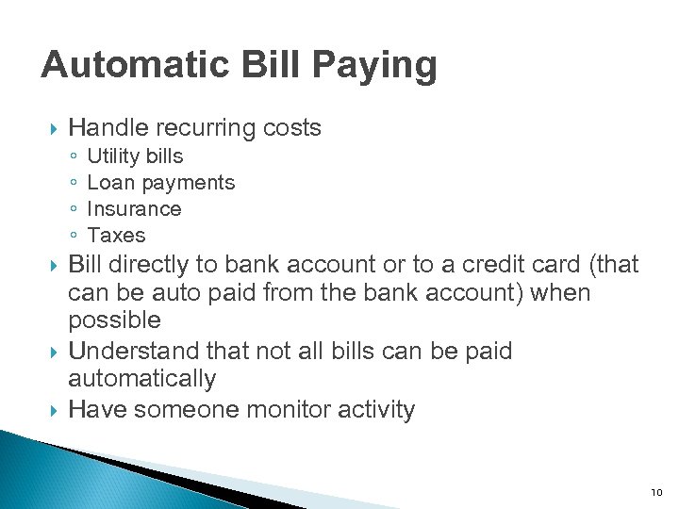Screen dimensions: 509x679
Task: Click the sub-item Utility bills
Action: click(135, 156)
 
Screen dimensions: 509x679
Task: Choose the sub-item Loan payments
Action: click(160, 183)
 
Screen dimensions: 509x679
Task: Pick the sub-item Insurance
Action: click(134, 209)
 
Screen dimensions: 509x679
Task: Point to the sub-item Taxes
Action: click(116, 236)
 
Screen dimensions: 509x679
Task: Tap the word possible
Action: click(114, 321)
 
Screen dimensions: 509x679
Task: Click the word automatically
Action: click(142, 380)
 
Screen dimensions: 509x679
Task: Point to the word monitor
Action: click(277, 410)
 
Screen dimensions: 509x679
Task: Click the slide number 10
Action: click(656, 493)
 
